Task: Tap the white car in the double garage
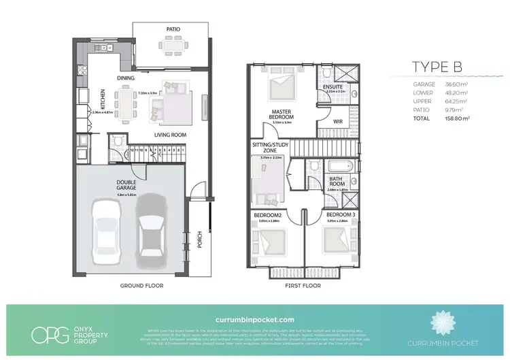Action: pyautogui.click(x=106, y=233)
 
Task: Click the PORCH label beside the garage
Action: pyautogui.click(x=200, y=240)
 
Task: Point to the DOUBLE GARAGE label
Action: pyautogui.click(x=128, y=186)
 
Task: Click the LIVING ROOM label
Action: pyautogui.click(x=169, y=135)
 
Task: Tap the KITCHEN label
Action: pyautogui.click(x=85, y=99)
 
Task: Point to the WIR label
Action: pyautogui.click(x=337, y=122)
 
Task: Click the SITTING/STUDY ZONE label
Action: pyautogui.click(x=269, y=148)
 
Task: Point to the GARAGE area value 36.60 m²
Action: pyautogui.click(x=460, y=84)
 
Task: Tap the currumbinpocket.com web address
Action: pyautogui.click(x=254, y=318)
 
